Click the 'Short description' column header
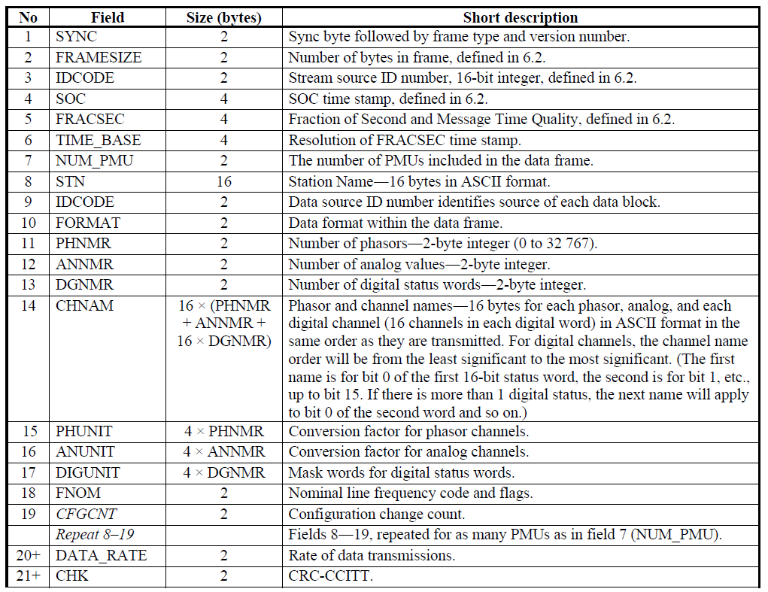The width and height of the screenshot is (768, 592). coord(520,17)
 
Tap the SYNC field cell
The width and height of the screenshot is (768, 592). coord(77,37)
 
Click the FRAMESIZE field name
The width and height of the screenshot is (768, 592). coord(98,57)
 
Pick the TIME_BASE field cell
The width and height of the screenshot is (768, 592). coord(98,140)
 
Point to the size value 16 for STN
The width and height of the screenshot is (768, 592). coord(223,181)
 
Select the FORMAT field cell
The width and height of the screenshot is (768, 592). coord(87,223)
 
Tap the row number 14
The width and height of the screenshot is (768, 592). coord(28,306)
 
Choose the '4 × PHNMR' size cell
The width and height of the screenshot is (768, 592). coord(224,431)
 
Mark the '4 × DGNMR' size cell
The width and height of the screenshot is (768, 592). coord(224,472)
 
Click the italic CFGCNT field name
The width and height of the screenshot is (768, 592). coord(87,514)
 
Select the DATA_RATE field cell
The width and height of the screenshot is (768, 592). coord(101,555)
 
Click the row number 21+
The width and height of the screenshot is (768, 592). coord(28,576)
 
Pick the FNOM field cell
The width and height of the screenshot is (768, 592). coord(78,493)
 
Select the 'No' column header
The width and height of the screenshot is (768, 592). coord(28,17)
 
